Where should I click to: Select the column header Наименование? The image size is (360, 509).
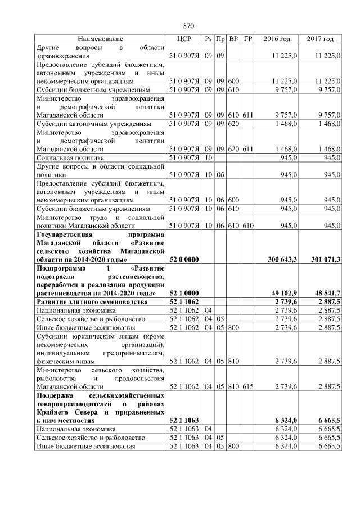(x=101, y=39)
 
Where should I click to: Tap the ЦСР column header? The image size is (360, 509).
(x=184, y=39)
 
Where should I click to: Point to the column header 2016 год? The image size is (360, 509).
(x=277, y=39)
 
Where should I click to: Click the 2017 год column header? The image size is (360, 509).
(x=320, y=39)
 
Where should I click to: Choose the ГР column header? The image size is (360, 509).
(x=248, y=39)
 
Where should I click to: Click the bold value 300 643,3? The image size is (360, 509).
(x=284, y=260)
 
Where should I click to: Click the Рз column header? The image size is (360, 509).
(x=208, y=39)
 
